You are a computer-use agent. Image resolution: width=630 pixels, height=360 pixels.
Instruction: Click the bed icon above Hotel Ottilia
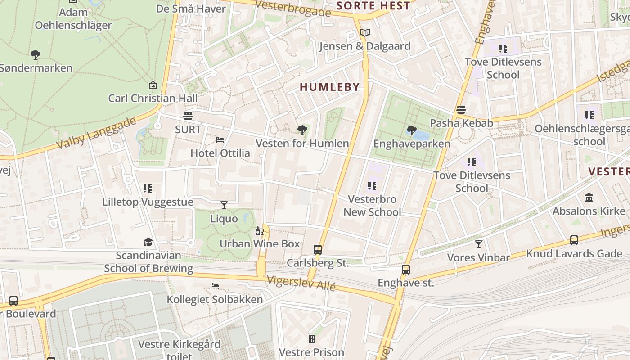(220, 140)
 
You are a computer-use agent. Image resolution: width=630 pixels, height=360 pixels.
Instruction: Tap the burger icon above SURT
(188, 116)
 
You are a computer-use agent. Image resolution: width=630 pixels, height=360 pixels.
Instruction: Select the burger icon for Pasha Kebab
(461, 110)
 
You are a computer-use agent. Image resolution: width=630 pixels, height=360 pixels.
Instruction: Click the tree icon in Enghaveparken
(411, 130)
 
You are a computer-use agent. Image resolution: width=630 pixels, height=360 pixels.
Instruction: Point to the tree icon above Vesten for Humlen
(302, 130)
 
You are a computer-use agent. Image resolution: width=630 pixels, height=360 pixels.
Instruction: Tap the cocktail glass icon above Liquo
(224, 206)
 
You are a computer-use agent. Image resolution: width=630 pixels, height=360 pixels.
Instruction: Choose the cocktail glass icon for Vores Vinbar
(478, 244)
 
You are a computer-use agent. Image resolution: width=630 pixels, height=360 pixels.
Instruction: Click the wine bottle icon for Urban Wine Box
(260, 231)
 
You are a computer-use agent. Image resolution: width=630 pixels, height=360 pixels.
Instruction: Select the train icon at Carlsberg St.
(318, 249)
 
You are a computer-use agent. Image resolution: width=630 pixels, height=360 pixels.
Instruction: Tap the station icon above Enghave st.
(406, 270)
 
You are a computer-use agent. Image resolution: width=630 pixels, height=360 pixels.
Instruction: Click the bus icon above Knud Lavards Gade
(574, 240)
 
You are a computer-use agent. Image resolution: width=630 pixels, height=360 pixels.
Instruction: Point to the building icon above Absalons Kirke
(589, 198)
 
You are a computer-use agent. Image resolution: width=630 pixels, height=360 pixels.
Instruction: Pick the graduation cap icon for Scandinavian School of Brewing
(148, 243)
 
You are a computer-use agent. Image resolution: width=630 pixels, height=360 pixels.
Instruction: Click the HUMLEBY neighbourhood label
(330, 87)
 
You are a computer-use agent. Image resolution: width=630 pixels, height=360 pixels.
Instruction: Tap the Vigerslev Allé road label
(301, 283)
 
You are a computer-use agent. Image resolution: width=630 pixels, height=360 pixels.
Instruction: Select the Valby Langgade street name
(96, 133)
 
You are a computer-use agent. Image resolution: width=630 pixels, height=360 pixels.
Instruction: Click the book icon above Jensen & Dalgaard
(365, 33)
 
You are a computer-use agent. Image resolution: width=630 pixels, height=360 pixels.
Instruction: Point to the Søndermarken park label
(36, 68)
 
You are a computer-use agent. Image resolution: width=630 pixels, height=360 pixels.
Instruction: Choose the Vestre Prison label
(311, 352)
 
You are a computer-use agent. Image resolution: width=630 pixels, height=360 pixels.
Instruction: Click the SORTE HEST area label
(373, 6)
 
